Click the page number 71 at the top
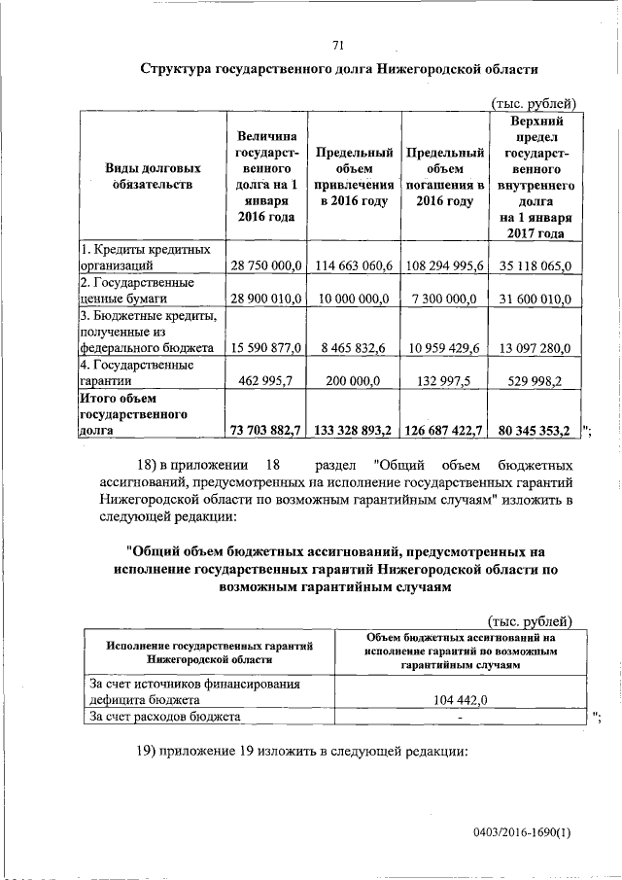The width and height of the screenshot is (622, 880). click(338, 45)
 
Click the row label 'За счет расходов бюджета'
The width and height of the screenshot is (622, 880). click(164, 717)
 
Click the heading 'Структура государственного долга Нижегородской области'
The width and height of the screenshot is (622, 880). click(338, 71)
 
